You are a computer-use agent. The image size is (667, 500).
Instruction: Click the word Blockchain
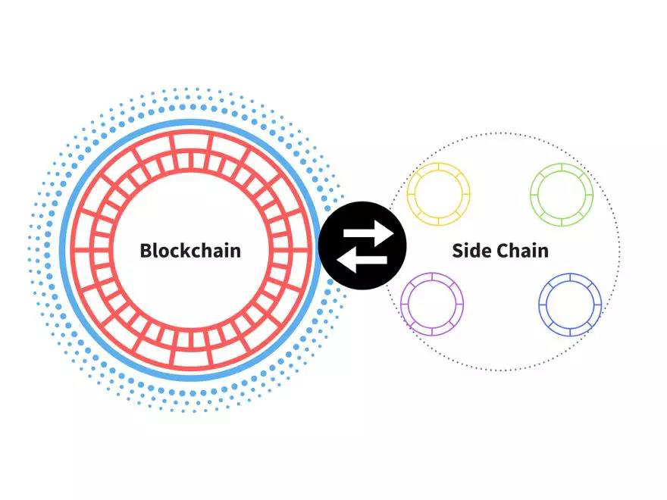click(x=190, y=250)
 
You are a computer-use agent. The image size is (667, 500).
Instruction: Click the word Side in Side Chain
click(x=470, y=250)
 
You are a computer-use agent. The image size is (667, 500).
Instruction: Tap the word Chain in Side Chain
click(x=522, y=250)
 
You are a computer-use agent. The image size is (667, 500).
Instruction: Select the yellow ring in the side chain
click(x=439, y=194)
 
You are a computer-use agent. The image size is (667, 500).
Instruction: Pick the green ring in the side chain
click(x=562, y=194)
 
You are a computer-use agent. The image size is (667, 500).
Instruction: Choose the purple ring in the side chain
click(x=432, y=304)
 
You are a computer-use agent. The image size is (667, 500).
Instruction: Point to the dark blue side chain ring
click(x=570, y=305)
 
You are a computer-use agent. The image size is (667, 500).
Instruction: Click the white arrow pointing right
click(x=368, y=233)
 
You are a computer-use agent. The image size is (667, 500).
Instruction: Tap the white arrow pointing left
click(x=362, y=260)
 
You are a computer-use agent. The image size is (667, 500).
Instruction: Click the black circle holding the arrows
click(x=362, y=245)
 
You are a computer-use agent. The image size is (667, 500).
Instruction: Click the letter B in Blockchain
click(x=146, y=251)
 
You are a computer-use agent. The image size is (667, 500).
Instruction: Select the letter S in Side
click(x=458, y=251)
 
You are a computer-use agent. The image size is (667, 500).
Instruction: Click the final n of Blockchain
click(x=235, y=252)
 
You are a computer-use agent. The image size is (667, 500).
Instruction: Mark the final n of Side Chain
click(x=543, y=252)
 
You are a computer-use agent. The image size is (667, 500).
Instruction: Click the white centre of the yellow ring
click(x=439, y=194)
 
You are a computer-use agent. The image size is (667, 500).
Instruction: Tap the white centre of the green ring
click(x=562, y=194)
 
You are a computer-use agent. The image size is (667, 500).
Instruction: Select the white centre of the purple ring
click(x=432, y=304)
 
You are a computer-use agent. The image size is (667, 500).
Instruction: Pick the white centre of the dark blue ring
click(x=570, y=305)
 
